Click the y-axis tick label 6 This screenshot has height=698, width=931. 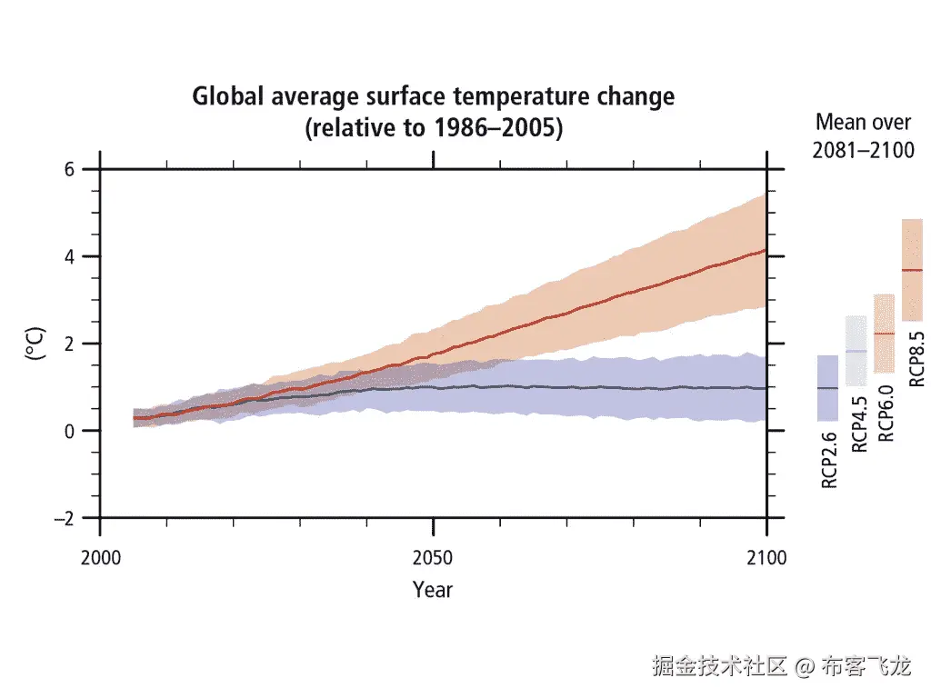[70, 169]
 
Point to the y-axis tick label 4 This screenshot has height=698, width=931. [70, 256]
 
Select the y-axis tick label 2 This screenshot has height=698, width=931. [70, 344]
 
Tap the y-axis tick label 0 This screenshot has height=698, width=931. [70, 431]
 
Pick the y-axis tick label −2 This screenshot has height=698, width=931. [65, 518]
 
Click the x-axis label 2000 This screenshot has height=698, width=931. [100, 557]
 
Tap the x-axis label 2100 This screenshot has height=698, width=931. [766, 557]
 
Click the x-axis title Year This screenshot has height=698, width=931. [433, 590]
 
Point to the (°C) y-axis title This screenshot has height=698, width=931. [35, 344]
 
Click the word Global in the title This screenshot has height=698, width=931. [227, 96]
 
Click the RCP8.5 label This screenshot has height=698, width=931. [916, 359]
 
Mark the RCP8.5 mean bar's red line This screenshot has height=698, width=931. [912, 270]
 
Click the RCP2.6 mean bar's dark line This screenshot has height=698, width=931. [827, 388]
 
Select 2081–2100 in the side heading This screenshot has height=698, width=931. [863, 150]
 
